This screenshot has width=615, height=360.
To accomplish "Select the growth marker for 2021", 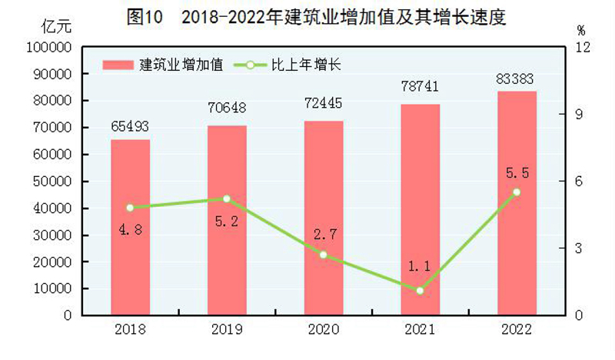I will click(x=420, y=291).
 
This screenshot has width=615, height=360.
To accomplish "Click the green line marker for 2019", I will click(x=227, y=199).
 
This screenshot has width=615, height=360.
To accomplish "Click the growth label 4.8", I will click(x=130, y=228).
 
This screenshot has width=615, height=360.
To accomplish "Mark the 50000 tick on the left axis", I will click(x=52, y=182).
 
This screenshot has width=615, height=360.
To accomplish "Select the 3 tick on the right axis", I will click(x=579, y=248).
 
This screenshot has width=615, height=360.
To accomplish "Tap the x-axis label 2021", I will click(x=420, y=330).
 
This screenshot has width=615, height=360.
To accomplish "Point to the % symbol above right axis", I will click(x=580, y=30).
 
